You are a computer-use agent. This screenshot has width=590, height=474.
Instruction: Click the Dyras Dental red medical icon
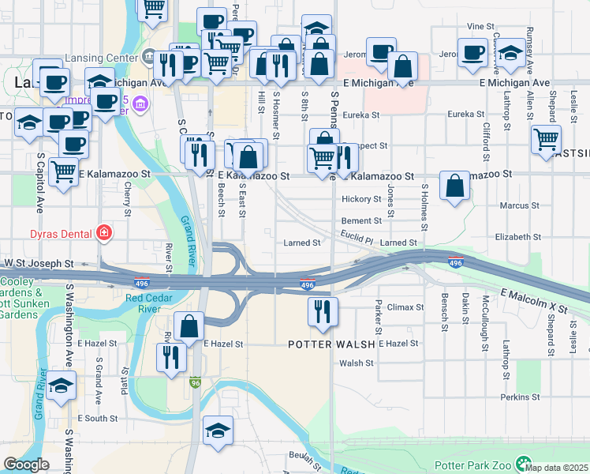click(x=103, y=232)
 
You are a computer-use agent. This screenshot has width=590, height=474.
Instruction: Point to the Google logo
click(x=26, y=465)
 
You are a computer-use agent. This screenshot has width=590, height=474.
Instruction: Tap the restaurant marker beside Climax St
click(x=322, y=311)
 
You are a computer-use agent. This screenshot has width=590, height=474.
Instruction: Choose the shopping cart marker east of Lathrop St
click(x=546, y=140)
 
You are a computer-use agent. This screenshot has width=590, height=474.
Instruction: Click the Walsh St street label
click(x=357, y=363)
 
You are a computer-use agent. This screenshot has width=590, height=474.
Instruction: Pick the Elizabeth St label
click(x=518, y=237)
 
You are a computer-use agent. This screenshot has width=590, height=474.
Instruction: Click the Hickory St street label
click(x=361, y=199)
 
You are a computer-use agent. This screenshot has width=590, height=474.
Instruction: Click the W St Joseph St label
click(x=39, y=263)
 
